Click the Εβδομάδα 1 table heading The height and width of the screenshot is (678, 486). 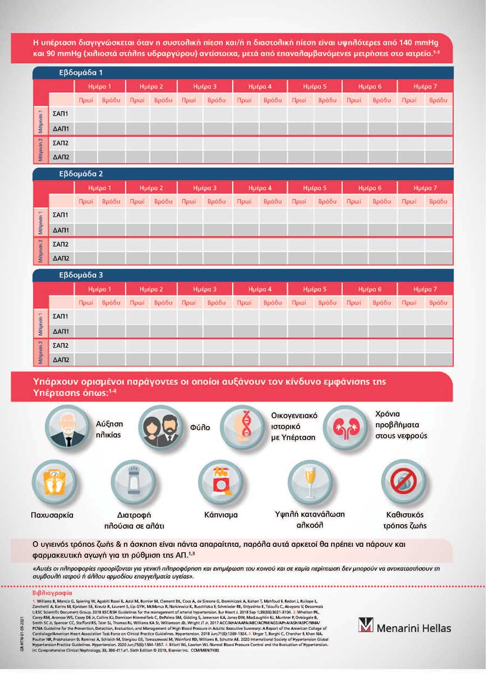click(81, 72)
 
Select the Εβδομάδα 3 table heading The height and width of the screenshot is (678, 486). click(81, 275)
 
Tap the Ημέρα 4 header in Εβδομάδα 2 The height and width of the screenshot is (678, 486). click(260, 188)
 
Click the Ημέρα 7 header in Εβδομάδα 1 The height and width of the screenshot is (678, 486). click(425, 86)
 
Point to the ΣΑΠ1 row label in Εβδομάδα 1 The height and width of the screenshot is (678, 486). click(60, 114)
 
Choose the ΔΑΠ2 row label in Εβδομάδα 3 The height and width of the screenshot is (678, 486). click(60, 360)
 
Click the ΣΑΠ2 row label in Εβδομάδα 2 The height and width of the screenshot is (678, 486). click(60, 245)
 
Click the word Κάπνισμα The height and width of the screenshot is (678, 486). click(220, 515)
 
